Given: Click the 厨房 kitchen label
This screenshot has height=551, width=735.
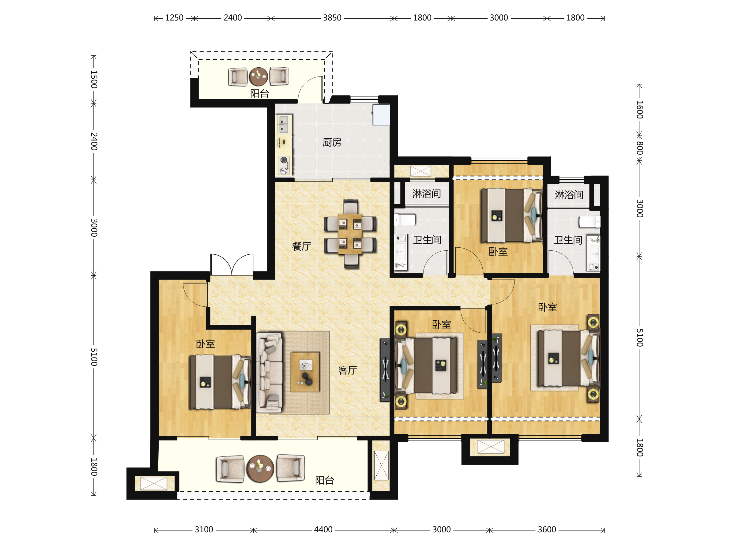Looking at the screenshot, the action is point(332,142).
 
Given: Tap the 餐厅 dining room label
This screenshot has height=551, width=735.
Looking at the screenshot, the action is point(301,246).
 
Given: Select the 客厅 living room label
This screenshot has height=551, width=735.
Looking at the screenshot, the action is point(348,370).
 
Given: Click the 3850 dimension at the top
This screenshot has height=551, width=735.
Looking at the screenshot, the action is point(332,18).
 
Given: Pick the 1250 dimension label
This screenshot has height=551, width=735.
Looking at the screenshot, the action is point(174,18).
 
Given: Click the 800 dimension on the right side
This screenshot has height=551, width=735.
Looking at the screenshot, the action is point(640,148).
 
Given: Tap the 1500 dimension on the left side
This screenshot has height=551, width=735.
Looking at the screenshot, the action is point(94,79).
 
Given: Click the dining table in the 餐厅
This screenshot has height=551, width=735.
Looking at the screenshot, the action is point(350,234).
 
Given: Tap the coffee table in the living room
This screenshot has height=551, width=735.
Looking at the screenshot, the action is point(305,372).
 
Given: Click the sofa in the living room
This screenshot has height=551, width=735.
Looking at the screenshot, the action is point(269,373).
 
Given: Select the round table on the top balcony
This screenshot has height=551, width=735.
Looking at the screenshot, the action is point(258,77).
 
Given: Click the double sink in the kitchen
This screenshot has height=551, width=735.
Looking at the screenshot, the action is point(283,124).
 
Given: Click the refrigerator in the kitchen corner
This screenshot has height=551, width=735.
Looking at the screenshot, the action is point(381,115).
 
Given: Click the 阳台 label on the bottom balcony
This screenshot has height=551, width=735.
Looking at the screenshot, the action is point(324,480).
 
